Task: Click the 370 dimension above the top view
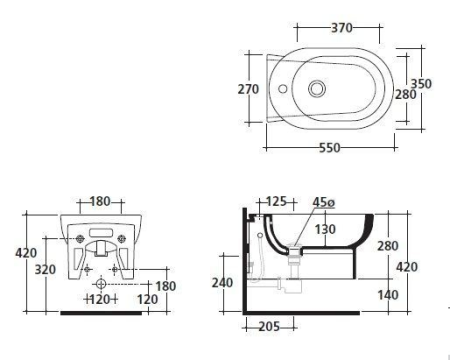click(342, 28)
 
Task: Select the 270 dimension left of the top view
click(248, 89)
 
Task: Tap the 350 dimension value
click(421, 84)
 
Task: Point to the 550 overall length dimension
click(330, 148)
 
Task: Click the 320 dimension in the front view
click(45, 269)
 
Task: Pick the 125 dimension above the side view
click(276, 201)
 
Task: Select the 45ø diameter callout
click(324, 202)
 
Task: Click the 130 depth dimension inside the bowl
click(325, 229)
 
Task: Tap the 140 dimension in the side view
click(388, 295)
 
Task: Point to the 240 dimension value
click(222, 283)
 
